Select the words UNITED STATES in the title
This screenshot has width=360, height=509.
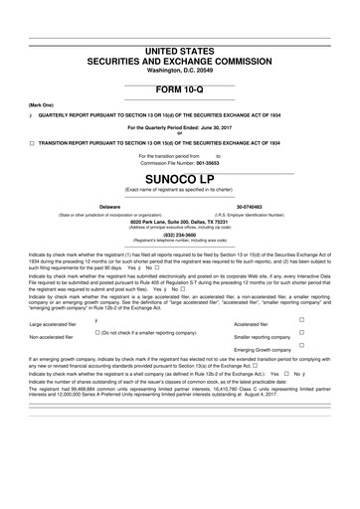(180, 49)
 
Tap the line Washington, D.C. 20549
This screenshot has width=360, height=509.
(180, 71)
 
